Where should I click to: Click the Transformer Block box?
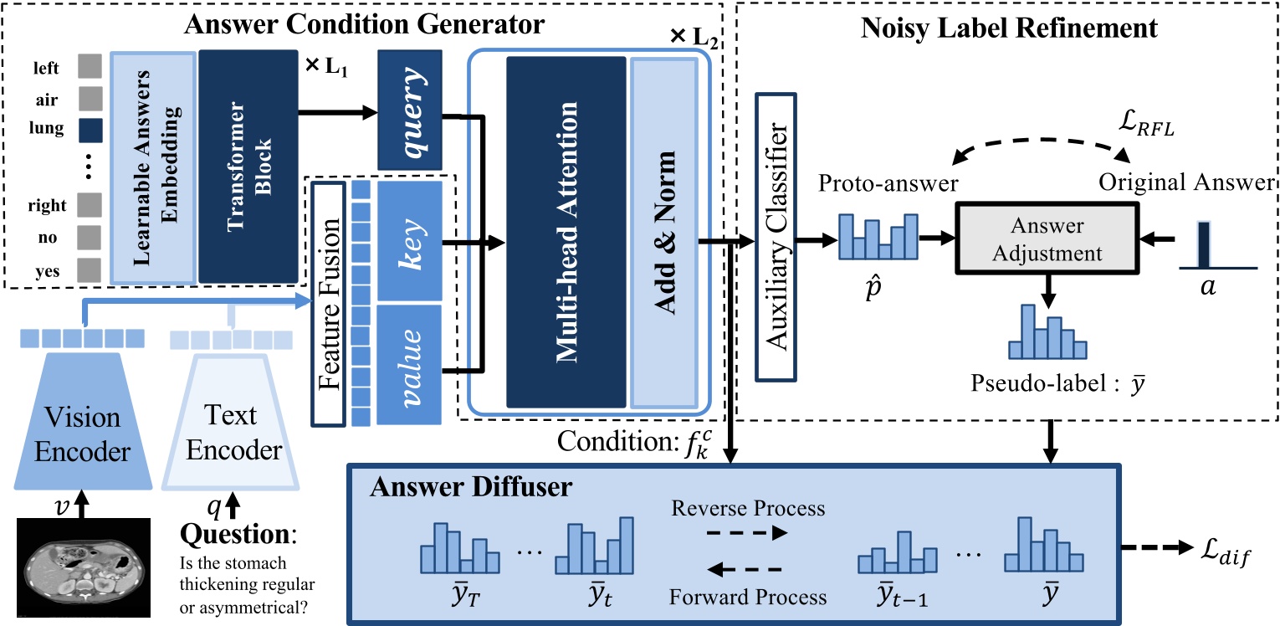coord(248,166)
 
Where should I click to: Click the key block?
coord(409,242)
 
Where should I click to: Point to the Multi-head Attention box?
coord(566,233)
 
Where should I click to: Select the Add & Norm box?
coord(663,233)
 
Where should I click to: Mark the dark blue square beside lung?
coord(90,130)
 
